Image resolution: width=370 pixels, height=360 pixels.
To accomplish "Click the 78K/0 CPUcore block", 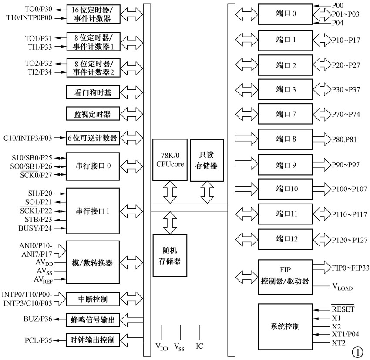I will pyautogui.click(x=170, y=160).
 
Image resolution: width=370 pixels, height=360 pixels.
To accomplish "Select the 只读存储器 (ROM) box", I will pyautogui.click(x=207, y=160).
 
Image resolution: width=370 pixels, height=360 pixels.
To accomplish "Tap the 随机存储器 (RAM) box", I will pyautogui.click(x=170, y=255).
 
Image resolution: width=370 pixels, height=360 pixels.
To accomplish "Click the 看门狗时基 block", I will pyautogui.click(x=92, y=92).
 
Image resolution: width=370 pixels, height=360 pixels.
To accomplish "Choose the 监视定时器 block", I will pyautogui.click(x=92, y=115).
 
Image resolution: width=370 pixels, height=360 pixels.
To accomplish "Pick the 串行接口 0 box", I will pyautogui.click(x=92, y=166).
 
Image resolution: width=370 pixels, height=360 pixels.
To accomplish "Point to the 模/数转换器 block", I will pyautogui.click(x=92, y=263).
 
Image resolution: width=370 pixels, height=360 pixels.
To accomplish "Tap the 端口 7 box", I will pyautogui.click(x=285, y=115).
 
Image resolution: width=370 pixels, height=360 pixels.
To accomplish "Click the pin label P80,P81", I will pyautogui.click(x=345, y=139).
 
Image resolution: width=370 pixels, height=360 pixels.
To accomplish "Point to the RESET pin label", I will pyautogui.click(x=343, y=309).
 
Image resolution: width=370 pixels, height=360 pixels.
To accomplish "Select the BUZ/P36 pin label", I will pyautogui.click(x=38, y=319).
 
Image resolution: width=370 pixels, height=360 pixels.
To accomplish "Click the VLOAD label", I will pyautogui.click(x=342, y=287).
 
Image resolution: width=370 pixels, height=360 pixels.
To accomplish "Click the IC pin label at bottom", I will pyautogui.click(x=199, y=346).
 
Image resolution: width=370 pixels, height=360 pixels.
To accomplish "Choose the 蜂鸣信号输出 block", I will pyautogui.click(x=92, y=320).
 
